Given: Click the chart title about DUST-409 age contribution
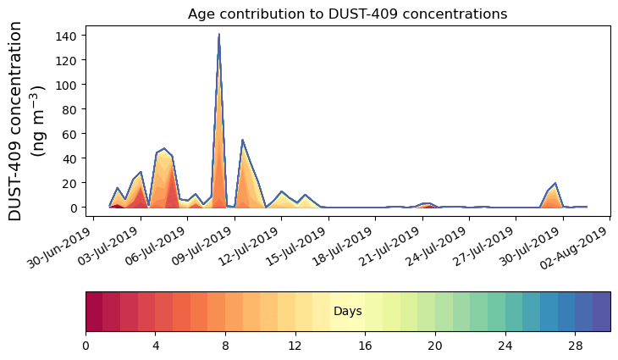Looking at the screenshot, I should [347, 14].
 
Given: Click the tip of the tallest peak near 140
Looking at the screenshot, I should [218, 35].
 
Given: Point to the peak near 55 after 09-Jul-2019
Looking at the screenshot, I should [242, 140].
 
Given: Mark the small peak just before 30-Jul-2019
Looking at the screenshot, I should [555, 183].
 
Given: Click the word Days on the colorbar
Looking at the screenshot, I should [348, 312].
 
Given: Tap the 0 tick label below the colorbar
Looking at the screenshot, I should [86, 346].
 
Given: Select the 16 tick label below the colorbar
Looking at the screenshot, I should [365, 346].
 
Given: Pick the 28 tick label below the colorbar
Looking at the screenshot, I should [575, 346].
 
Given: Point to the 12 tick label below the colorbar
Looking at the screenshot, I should [295, 346].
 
